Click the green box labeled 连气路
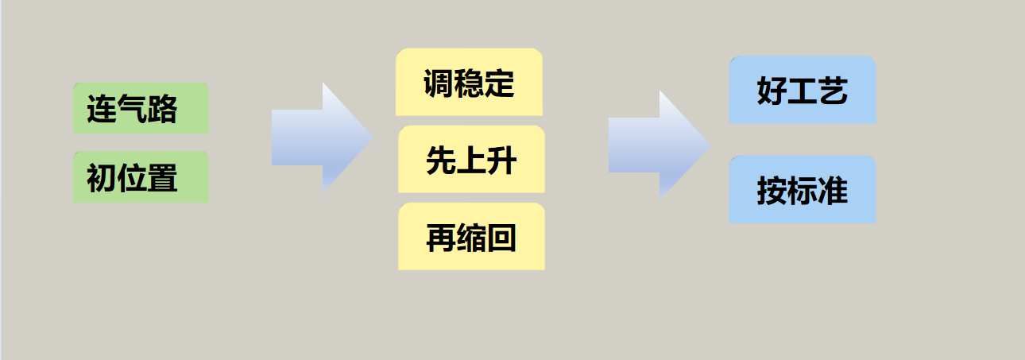click(141, 108)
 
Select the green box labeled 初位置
click(141, 177)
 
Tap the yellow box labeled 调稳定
click(469, 82)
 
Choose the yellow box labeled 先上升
click(471, 159)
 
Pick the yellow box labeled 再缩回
click(471, 236)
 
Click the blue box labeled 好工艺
click(803, 90)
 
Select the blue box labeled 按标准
click(803, 190)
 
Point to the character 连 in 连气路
click(102, 109)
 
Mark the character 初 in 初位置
click(102, 178)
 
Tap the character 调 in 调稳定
click(439, 83)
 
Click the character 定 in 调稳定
click(500, 83)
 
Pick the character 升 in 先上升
click(502, 161)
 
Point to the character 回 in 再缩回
click(502, 238)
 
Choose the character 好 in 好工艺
click(772, 91)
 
